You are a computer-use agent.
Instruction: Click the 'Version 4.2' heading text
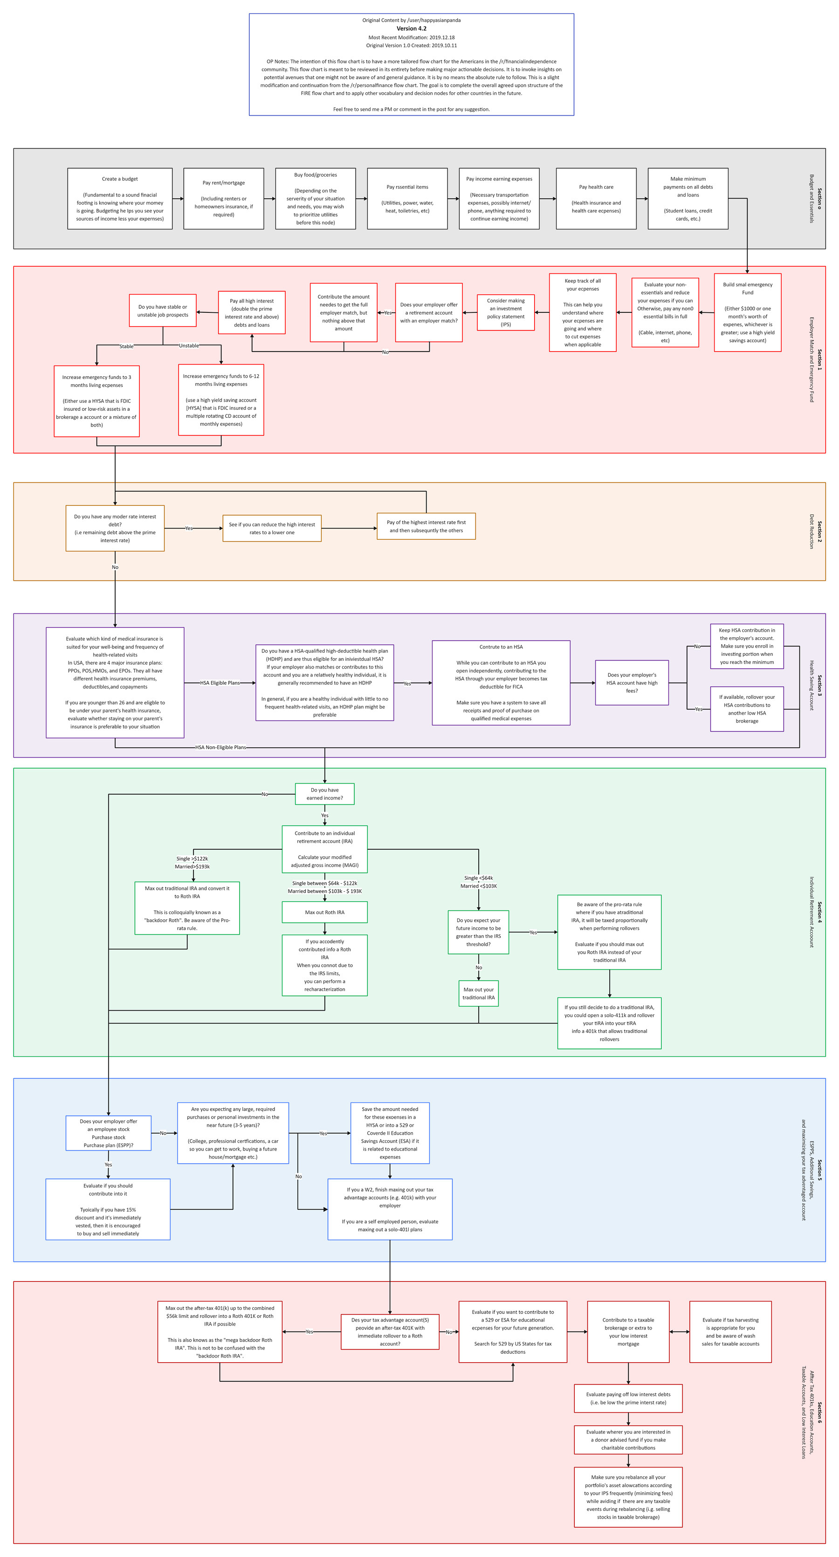coord(411,28)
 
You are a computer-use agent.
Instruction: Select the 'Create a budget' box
coord(120,199)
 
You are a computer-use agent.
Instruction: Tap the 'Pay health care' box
coord(596,199)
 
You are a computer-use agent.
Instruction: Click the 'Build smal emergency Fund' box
coord(747,312)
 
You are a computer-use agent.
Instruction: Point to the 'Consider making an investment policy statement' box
coord(505,312)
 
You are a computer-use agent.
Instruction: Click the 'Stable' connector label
coord(126,346)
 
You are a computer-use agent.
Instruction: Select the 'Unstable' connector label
coord(189,346)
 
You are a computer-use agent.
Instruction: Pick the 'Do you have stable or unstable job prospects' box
coord(163,310)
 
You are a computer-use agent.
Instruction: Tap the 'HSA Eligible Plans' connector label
coord(220,683)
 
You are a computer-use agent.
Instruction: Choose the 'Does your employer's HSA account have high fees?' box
coord(632,683)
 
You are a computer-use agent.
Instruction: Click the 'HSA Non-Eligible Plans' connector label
coord(220,748)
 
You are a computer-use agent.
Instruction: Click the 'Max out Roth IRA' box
coord(324,913)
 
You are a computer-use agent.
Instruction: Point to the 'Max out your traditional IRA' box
coord(478,994)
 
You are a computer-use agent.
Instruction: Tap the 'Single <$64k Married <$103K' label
coord(478,882)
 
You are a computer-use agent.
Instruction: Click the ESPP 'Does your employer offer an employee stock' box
coord(108,1133)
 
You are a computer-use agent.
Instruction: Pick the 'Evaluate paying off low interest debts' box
coord(628,1399)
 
